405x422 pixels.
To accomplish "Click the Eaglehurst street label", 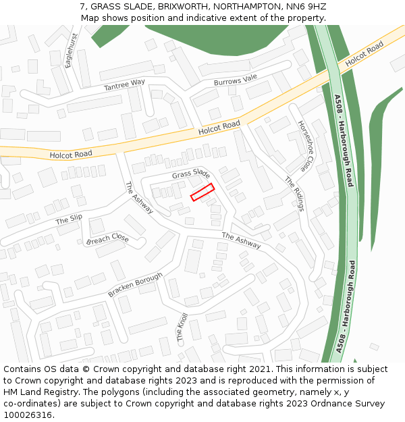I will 68,51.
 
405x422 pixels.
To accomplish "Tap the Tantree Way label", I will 124,85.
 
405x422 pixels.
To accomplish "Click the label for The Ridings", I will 294,194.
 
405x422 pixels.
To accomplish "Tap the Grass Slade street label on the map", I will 191,174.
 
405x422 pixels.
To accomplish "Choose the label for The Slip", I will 69,219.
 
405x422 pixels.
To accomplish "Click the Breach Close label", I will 107,239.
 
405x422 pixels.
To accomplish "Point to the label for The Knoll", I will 182,327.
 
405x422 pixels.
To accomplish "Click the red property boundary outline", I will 202,192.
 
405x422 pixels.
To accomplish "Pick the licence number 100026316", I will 28,415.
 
